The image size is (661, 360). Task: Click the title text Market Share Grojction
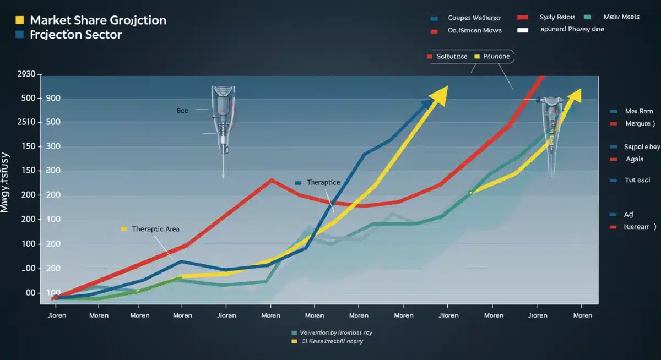(x=97, y=20)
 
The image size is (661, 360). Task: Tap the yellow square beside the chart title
(x=20, y=20)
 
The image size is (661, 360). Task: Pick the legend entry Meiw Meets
(x=621, y=17)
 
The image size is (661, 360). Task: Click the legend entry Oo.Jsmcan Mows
(x=474, y=31)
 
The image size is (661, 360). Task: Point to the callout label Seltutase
(x=452, y=57)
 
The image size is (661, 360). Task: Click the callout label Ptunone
(x=496, y=57)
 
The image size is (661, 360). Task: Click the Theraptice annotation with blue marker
(x=323, y=182)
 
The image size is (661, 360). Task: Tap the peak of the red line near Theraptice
(x=271, y=179)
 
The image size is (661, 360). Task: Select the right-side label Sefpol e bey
(x=641, y=147)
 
